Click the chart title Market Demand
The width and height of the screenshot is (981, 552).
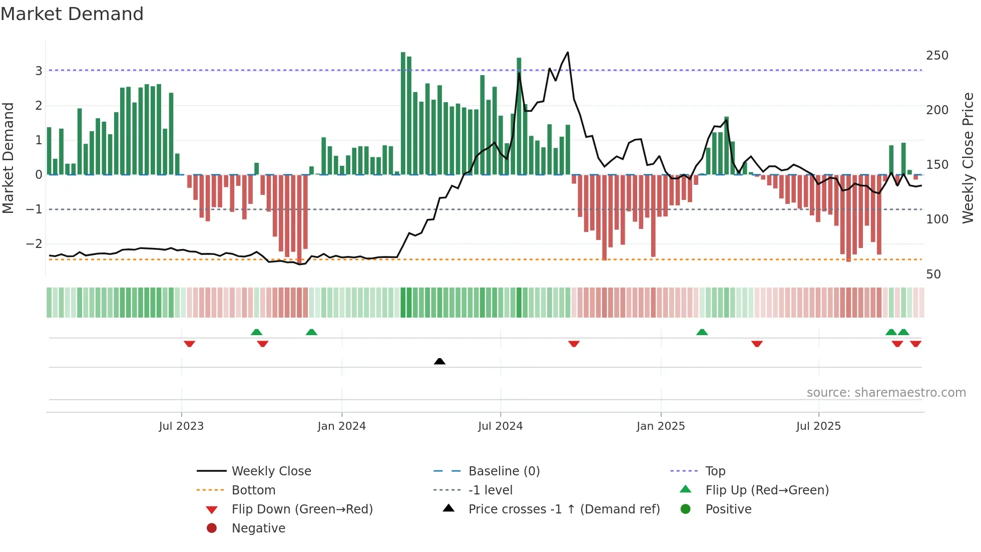click(72, 14)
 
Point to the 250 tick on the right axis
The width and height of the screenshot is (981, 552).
click(936, 56)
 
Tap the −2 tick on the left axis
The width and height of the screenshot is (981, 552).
click(34, 244)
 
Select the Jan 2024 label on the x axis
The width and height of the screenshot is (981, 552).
click(341, 426)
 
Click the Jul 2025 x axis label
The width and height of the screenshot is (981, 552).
click(818, 426)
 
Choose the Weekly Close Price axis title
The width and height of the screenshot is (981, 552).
click(968, 158)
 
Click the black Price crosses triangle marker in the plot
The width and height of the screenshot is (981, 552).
click(439, 361)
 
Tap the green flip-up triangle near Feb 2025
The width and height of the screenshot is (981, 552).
click(702, 332)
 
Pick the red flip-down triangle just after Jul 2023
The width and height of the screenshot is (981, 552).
click(189, 344)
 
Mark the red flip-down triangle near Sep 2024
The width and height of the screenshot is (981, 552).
click(574, 344)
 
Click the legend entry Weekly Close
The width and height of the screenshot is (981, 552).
click(271, 471)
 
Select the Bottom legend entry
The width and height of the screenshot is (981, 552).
click(253, 490)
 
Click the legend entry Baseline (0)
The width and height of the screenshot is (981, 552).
click(504, 471)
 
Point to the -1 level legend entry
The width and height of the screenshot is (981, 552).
click(490, 490)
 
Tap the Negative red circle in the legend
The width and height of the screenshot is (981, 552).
click(212, 528)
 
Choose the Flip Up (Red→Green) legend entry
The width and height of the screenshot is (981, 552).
click(766, 490)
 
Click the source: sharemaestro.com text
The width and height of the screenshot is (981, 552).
click(886, 392)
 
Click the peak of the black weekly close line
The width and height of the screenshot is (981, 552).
click(568, 52)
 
